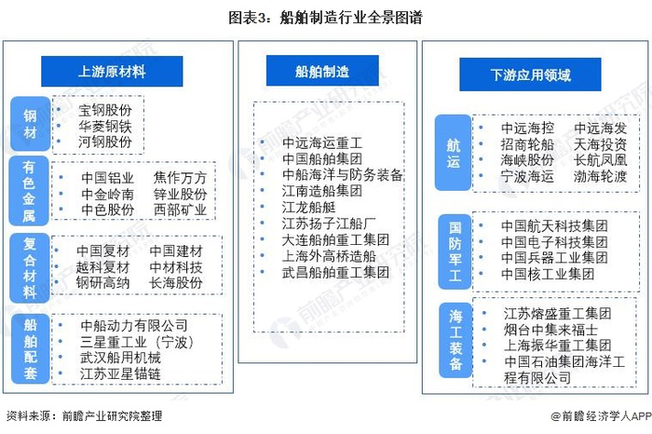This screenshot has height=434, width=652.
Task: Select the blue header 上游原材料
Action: [111, 72]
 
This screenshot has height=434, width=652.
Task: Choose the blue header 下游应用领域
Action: [530, 75]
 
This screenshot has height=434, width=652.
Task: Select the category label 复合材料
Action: [29, 264]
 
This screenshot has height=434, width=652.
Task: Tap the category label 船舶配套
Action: [29, 346]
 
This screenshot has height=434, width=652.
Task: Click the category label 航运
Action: [454, 151]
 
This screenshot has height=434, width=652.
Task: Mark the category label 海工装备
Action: [455, 337]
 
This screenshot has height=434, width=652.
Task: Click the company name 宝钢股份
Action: [105, 109]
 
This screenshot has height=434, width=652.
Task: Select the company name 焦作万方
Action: [180, 178]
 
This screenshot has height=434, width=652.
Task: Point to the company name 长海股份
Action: [176, 282]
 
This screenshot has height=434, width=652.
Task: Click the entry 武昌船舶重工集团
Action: [335, 271]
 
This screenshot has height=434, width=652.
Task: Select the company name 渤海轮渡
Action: [600, 176]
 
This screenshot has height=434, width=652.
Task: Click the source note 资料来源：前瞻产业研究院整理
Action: [82, 416]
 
